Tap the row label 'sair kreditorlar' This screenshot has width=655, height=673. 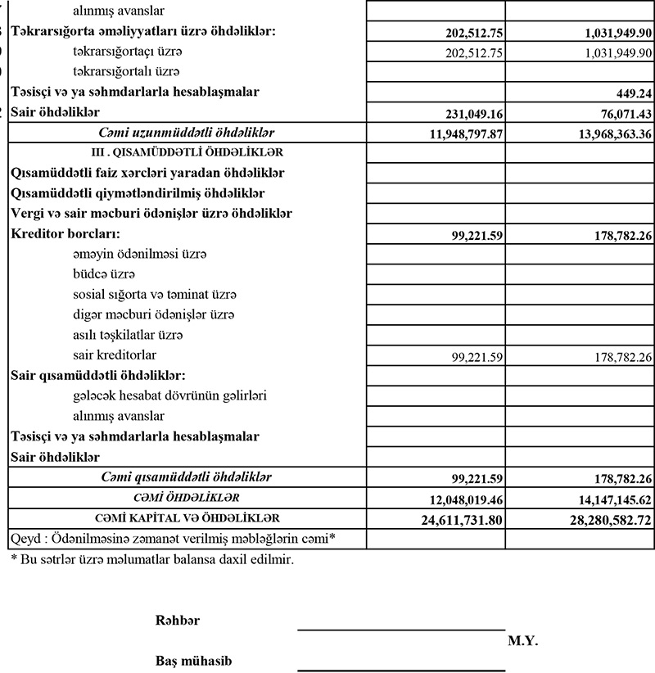coord(115,355)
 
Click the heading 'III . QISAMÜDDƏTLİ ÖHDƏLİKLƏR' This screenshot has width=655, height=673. coord(187,152)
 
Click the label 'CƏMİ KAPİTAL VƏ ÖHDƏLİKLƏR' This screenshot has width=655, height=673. coord(187,518)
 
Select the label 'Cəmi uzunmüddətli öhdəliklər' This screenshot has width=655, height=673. coord(187,132)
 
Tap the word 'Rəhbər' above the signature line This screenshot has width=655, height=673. coord(178,621)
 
